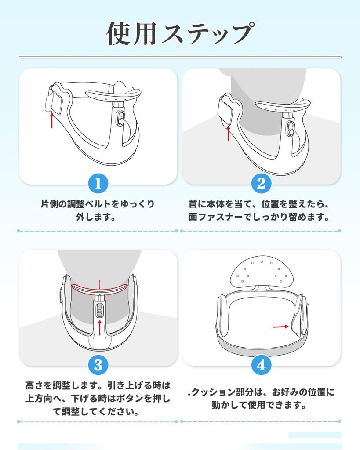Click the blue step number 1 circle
coord(98,183)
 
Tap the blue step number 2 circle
coord(261,183)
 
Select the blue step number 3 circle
coord(98,365)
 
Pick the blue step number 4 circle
coord(261,365)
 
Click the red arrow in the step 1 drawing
coord(52,120)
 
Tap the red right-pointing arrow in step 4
coord(280,327)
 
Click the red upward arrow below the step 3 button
coord(100,327)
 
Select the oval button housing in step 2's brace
coord(291,129)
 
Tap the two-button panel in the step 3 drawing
coord(100,310)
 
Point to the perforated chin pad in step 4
coord(262,271)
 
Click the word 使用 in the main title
coord(132,33)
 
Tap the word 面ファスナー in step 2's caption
coord(215,217)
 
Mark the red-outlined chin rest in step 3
coord(100,288)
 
